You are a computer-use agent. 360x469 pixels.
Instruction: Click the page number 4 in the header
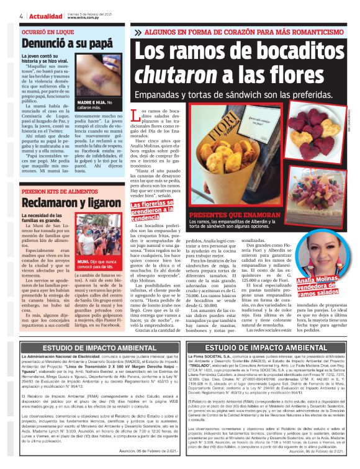5,15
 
